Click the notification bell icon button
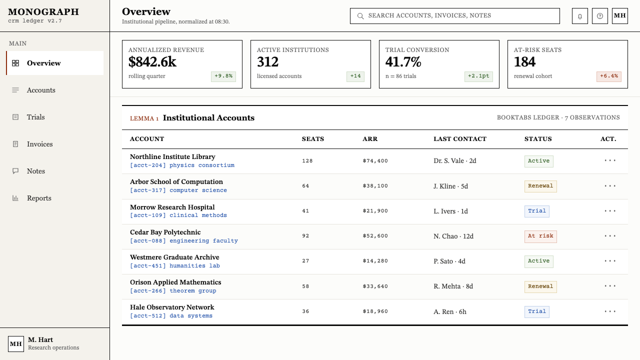coord(579,16)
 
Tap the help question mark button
coord(599,16)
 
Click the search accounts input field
coord(454,16)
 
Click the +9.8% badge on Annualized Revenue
coord(223,76)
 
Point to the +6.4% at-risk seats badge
coord(609,76)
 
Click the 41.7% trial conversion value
coord(403,61)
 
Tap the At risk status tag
coord(540,236)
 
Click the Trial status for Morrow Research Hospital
coord(536,211)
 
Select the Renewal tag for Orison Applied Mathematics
coord(540,286)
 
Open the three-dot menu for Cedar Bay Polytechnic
coord(610,236)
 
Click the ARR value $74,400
coord(375,161)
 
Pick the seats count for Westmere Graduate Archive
coord(305,261)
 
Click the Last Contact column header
coord(459,139)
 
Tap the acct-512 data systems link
coord(171,315)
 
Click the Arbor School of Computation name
coord(176,181)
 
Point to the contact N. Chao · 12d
coord(453,236)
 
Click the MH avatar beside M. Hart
coord(15,343)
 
